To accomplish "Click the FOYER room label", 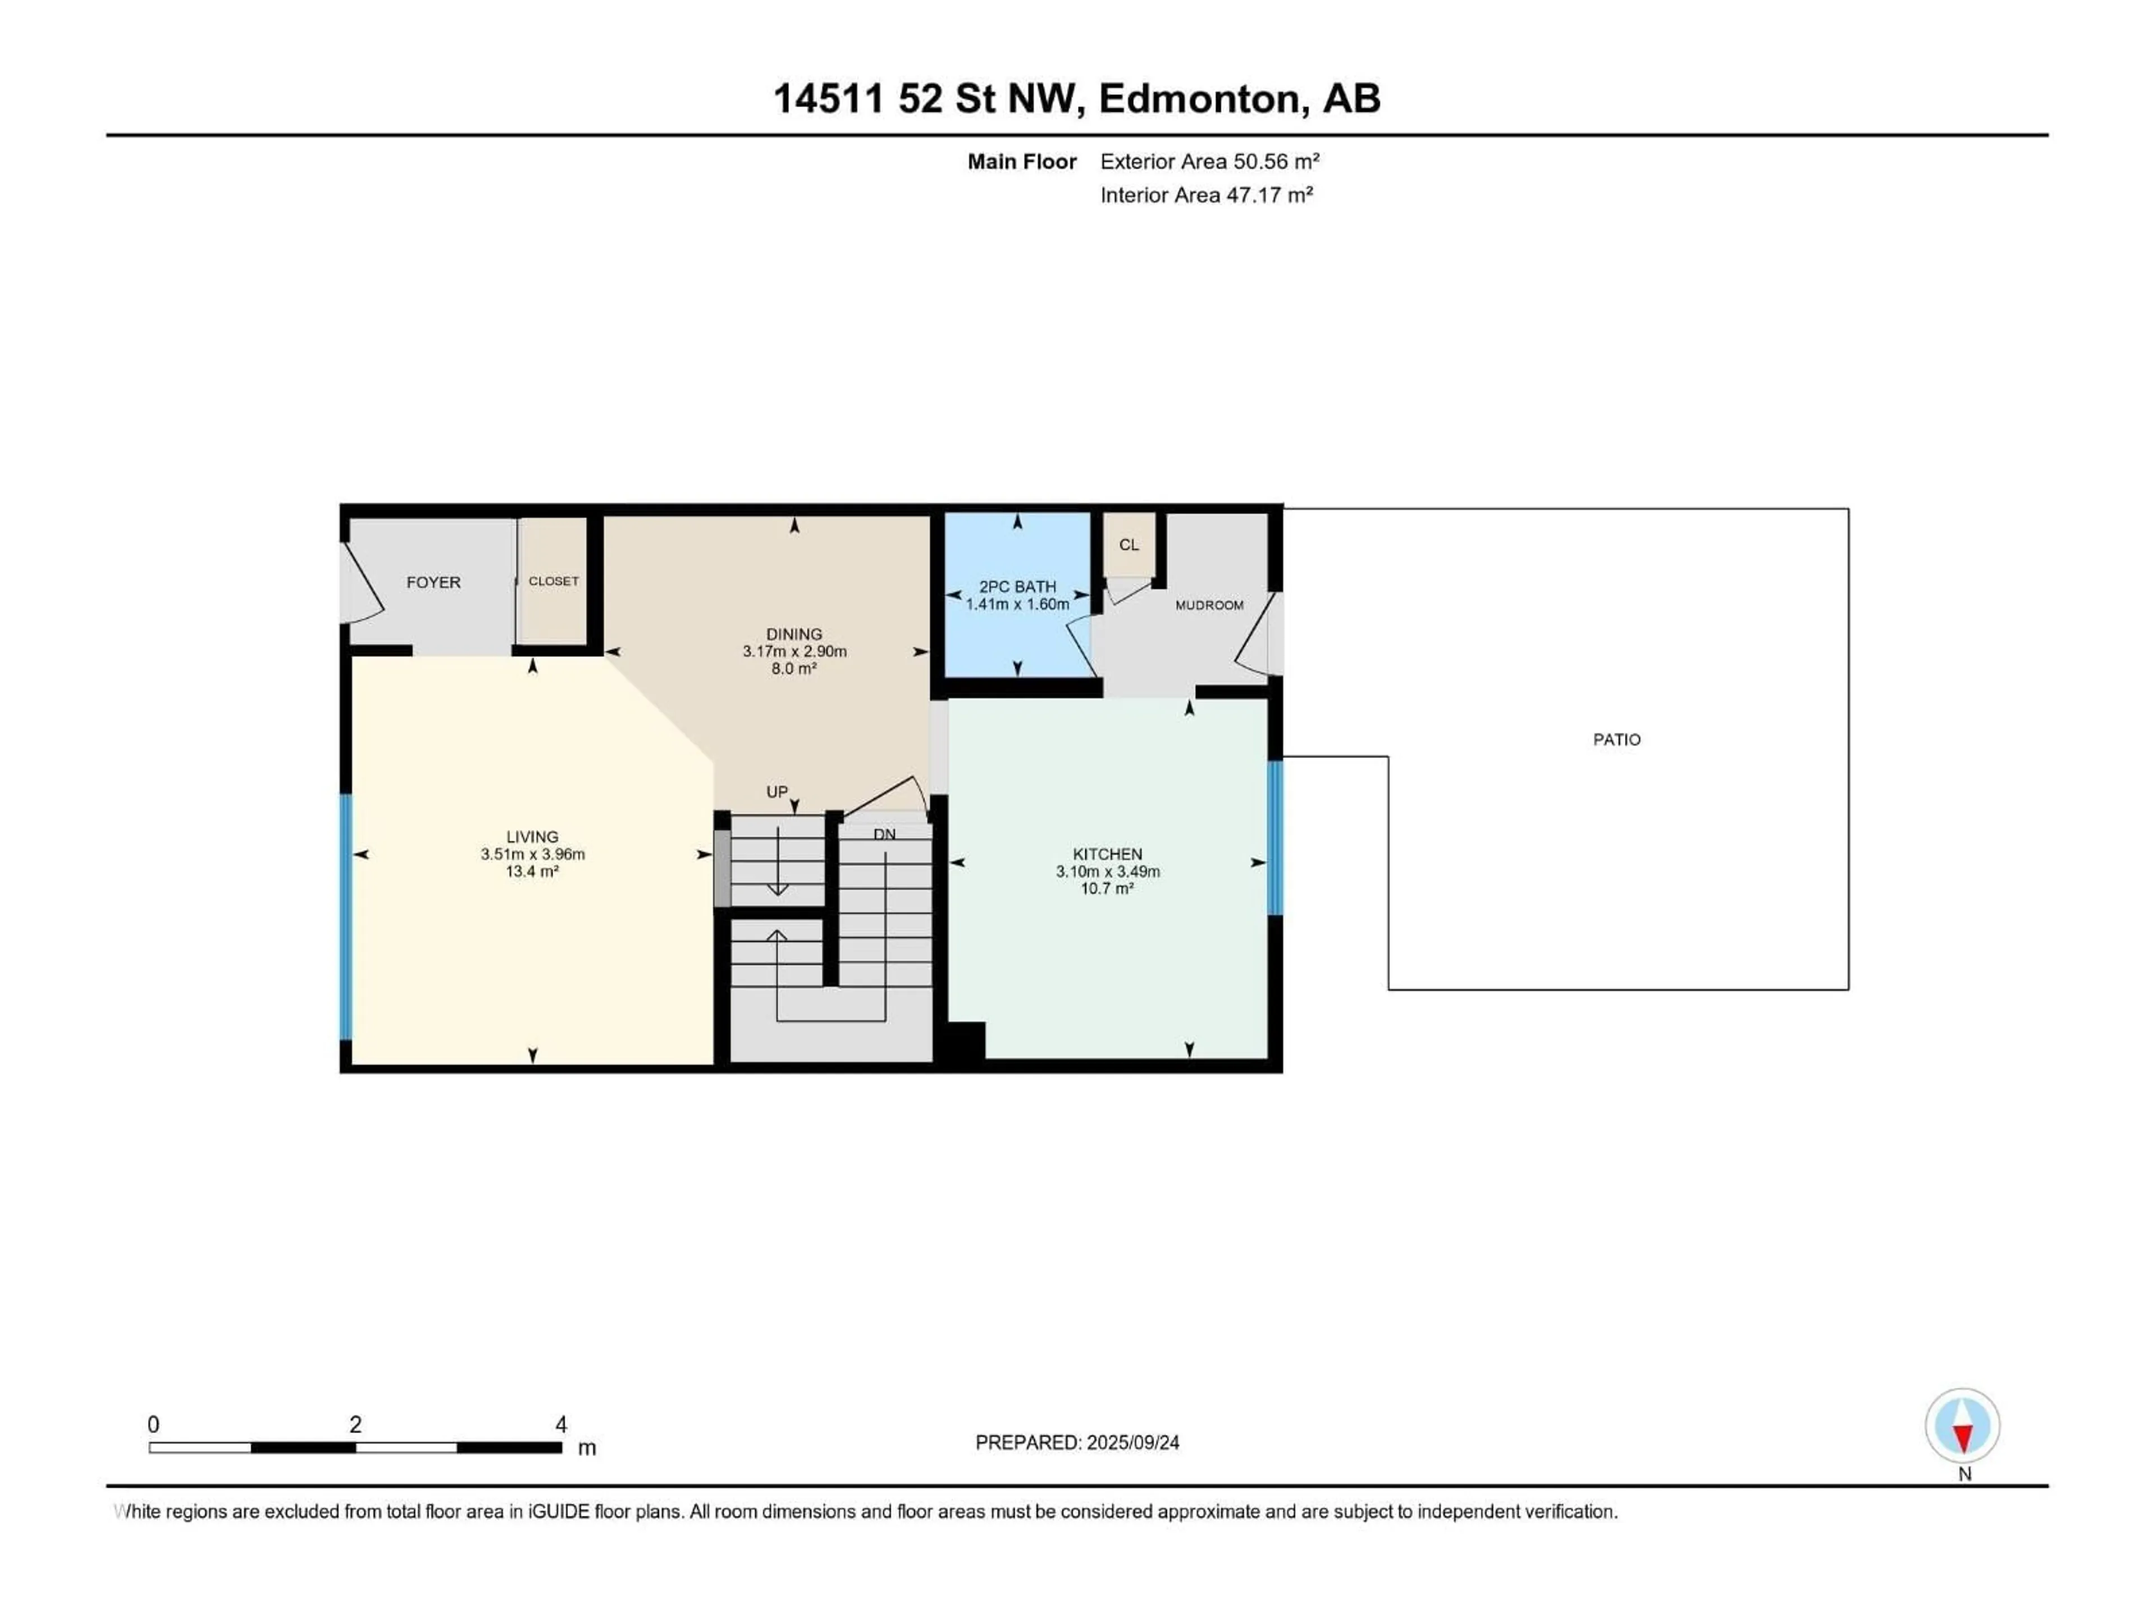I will pyautogui.click(x=433, y=582).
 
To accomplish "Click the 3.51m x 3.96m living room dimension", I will pyautogui.click(x=532, y=854).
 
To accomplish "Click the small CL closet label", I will pyautogui.click(x=1129, y=545).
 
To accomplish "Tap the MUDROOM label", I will pyautogui.click(x=1209, y=605).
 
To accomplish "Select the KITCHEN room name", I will pyautogui.click(x=1107, y=854).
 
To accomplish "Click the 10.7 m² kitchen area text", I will pyautogui.click(x=1107, y=889).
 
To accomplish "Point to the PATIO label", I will pyautogui.click(x=1616, y=740).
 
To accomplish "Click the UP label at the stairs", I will pyautogui.click(x=777, y=792).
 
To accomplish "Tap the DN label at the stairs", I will pyautogui.click(x=884, y=834).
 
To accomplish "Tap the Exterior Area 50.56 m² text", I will pyautogui.click(x=1209, y=162).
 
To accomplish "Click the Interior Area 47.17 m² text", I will pyautogui.click(x=1205, y=195).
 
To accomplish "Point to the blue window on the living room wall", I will pyautogui.click(x=345, y=916).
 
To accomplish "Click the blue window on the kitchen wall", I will pyautogui.click(x=1275, y=837).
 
